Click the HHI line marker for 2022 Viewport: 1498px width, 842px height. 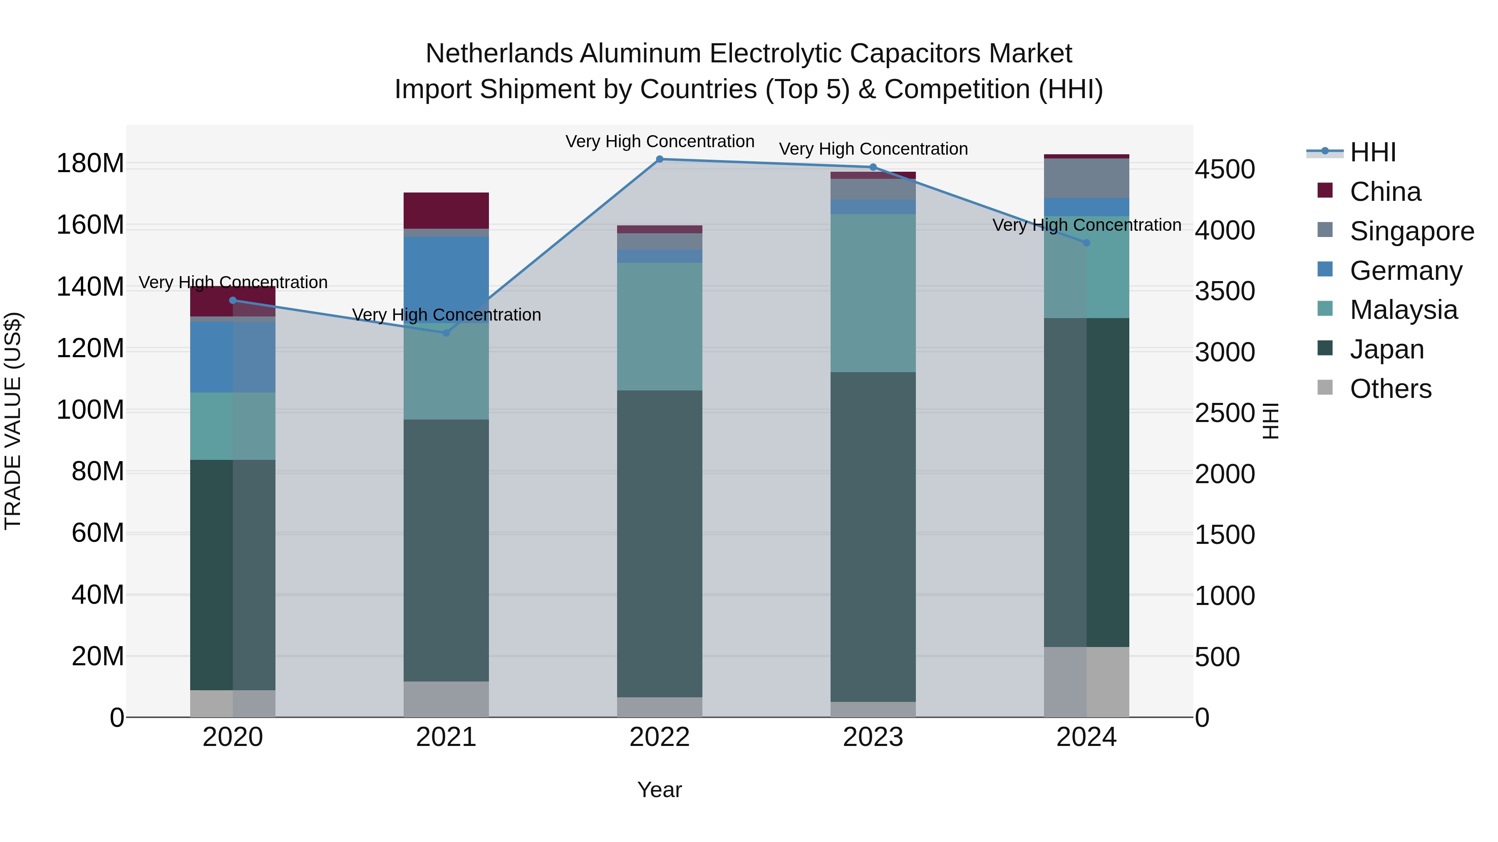click(x=660, y=159)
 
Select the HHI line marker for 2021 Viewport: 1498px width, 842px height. click(x=446, y=333)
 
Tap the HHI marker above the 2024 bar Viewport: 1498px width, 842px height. click(x=1086, y=243)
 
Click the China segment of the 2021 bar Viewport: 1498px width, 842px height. click(x=446, y=210)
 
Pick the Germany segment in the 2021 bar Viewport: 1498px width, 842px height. click(x=446, y=273)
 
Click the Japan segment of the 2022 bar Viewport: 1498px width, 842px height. click(x=660, y=543)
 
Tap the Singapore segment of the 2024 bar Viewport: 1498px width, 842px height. click(x=1086, y=178)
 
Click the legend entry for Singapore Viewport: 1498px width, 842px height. click(x=1411, y=231)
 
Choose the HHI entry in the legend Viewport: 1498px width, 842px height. click(x=1372, y=152)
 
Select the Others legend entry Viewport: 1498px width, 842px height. click(x=1390, y=389)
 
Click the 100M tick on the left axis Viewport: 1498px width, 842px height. click(x=90, y=410)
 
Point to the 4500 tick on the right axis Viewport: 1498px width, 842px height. click(x=1225, y=170)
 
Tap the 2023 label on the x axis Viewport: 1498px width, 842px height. click(x=873, y=737)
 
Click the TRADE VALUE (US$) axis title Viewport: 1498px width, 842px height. click(x=13, y=421)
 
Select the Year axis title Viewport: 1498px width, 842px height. click(x=660, y=790)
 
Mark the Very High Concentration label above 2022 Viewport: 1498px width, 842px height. click(x=660, y=141)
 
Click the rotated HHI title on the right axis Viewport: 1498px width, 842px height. click(x=1271, y=421)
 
